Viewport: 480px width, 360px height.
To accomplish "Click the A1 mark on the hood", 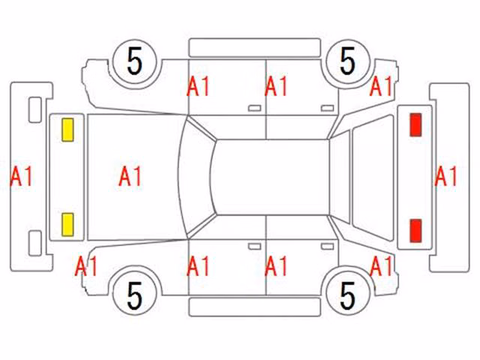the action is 130,176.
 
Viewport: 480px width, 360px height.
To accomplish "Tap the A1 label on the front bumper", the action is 21,176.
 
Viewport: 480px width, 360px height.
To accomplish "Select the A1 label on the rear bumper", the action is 445,176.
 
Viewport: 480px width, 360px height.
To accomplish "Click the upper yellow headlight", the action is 67,130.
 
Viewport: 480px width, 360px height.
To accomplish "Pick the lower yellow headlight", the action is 67,225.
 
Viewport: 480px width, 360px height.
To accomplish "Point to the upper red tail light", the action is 415,124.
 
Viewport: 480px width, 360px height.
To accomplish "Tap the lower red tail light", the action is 415,230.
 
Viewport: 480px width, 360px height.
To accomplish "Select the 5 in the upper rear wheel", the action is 347,61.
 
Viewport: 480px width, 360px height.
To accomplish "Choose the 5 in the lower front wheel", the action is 135,295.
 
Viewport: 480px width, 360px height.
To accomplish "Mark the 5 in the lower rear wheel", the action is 347,295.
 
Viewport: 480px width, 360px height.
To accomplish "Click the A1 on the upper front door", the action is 198,86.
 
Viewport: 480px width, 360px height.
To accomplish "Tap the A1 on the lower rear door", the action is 276,266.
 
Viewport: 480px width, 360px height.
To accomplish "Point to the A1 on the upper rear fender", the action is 381,86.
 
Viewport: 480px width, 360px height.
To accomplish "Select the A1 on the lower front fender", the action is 86,266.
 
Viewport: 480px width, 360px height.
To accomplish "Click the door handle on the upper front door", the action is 254,108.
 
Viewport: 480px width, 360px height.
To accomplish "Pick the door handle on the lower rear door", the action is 327,247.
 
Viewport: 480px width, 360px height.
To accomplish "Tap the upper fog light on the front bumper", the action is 35,110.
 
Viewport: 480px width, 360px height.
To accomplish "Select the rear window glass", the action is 373,178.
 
